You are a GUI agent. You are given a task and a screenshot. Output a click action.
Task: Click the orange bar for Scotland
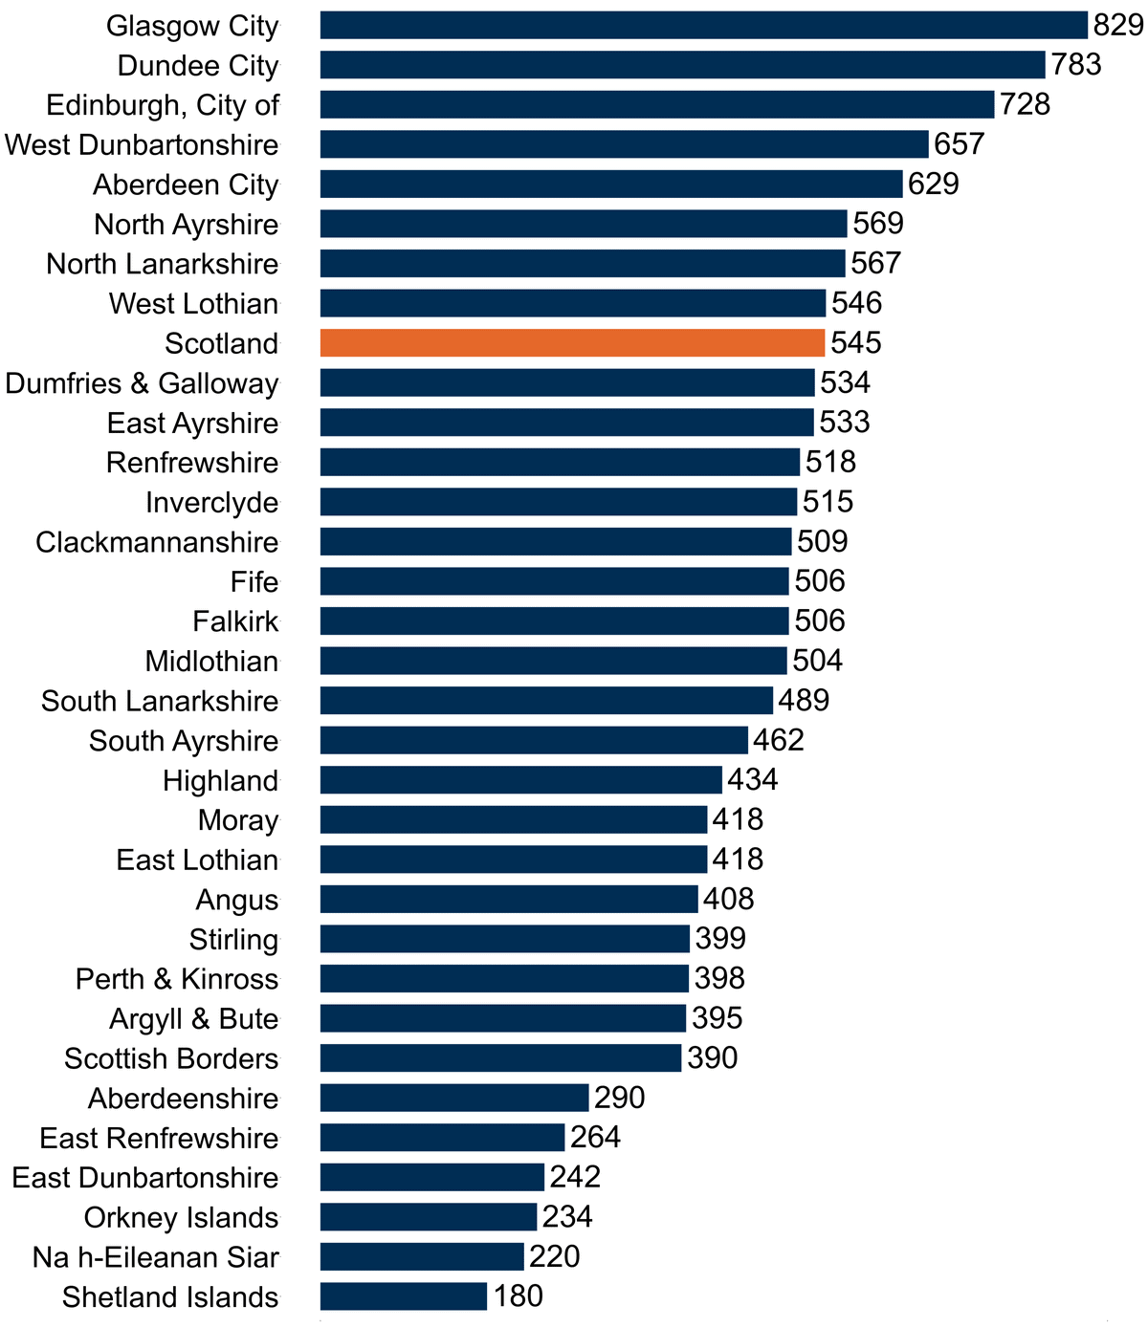point(572,342)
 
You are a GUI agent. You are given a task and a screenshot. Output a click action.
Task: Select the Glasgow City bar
point(704,25)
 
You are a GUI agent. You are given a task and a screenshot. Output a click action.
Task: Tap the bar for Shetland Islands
point(404,1295)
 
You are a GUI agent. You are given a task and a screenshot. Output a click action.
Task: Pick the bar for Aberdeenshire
point(454,1098)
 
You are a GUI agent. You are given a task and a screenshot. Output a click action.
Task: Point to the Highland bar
point(521,780)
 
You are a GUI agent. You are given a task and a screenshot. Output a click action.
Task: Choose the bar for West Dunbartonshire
point(624,144)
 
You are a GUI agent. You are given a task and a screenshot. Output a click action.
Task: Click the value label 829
point(1118,25)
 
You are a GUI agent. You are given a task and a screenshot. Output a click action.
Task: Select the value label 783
point(1076,64)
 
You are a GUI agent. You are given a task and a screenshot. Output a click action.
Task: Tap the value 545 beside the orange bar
point(855,342)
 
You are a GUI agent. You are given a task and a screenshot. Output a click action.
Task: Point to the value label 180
point(519,1295)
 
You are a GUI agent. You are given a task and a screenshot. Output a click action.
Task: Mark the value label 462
point(779,740)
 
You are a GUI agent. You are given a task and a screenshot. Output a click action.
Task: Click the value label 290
point(619,1098)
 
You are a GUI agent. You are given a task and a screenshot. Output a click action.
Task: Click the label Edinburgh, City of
point(163,105)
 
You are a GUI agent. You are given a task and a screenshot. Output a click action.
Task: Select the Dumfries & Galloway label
point(142,383)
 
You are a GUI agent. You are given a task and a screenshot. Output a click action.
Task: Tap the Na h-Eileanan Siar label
point(156,1257)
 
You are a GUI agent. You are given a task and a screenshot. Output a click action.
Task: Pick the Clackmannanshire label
point(157,542)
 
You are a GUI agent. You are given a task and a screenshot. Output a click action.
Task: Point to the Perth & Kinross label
point(177,979)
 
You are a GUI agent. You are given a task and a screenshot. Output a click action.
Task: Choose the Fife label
point(254,582)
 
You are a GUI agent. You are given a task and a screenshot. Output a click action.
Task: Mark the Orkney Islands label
point(181,1218)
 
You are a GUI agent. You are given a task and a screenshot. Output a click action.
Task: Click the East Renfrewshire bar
point(442,1137)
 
